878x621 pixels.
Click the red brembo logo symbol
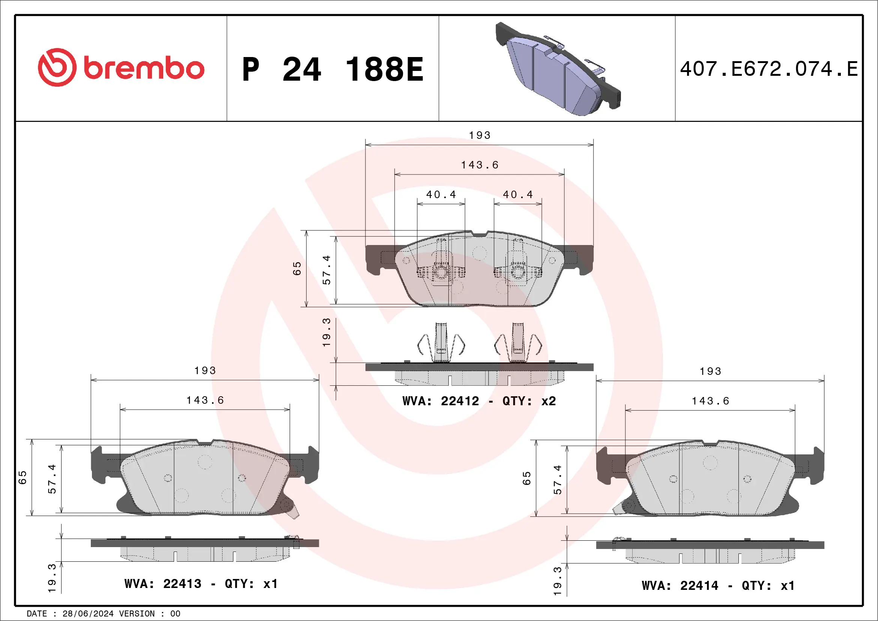(x=57, y=67)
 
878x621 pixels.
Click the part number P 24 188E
(x=333, y=69)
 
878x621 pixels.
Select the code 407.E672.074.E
(x=769, y=69)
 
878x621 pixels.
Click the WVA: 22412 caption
(x=479, y=401)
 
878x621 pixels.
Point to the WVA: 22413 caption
(x=201, y=584)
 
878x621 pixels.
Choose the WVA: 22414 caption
(x=718, y=585)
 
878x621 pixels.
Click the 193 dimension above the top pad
(x=480, y=135)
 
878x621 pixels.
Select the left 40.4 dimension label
(x=441, y=195)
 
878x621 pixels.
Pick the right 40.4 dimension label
(x=517, y=195)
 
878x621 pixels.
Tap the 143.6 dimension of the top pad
(x=480, y=165)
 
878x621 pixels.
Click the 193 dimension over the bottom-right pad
(x=710, y=371)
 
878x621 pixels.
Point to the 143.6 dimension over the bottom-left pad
(x=205, y=400)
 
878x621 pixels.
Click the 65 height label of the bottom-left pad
(x=23, y=478)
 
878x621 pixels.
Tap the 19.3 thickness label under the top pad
(x=326, y=332)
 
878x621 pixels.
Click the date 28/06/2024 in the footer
(x=88, y=614)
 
